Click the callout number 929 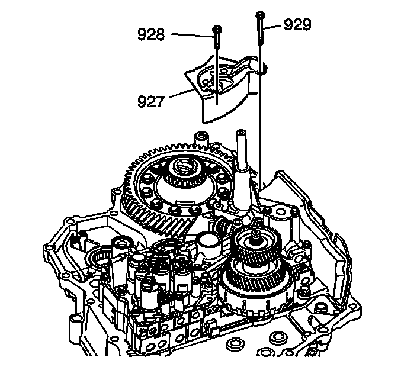tap(298, 24)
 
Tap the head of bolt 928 tap(218, 28)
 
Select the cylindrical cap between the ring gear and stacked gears tap(208, 242)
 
